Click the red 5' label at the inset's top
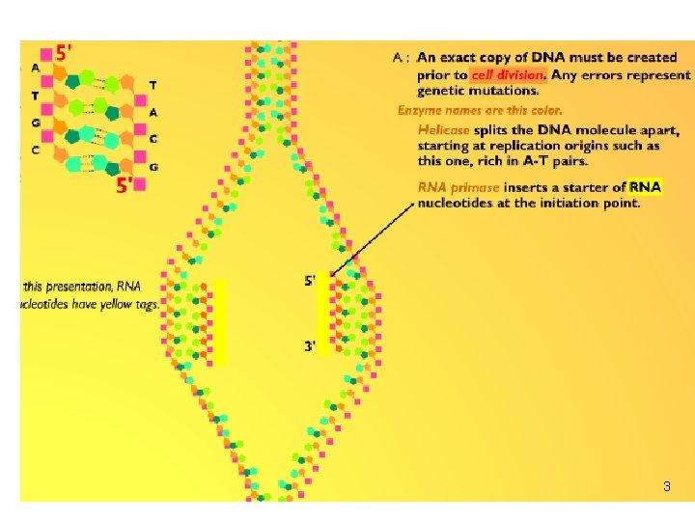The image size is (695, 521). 64,53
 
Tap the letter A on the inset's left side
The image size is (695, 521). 35,69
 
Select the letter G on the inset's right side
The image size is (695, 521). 153,168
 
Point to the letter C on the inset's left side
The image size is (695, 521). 35,151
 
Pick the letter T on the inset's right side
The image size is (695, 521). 153,86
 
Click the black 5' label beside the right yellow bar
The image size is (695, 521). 309,282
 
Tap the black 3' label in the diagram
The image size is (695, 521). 309,346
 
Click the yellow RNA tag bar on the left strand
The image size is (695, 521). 219,322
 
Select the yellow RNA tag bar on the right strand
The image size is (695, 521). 324,318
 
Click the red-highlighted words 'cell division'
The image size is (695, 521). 509,74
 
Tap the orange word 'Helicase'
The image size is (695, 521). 444,129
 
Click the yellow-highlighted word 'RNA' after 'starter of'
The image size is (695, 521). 645,187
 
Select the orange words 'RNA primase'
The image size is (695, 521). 459,187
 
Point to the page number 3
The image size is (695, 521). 666,487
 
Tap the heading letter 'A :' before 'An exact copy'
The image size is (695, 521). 402,58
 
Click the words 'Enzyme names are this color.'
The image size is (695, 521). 480,110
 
